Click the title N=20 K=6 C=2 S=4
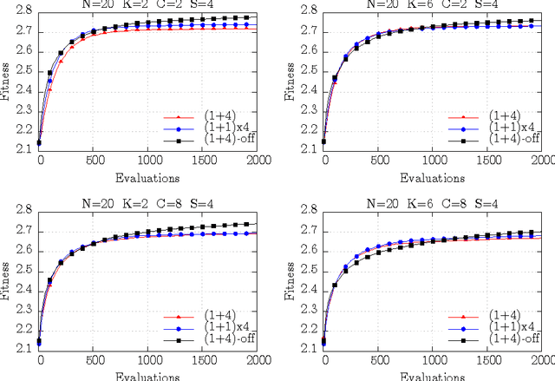pyautogui.click(x=434, y=4)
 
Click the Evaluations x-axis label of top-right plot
pyautogui.click(x=434, y=177)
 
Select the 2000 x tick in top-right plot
pyautogui.click(x=541, y=162)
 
